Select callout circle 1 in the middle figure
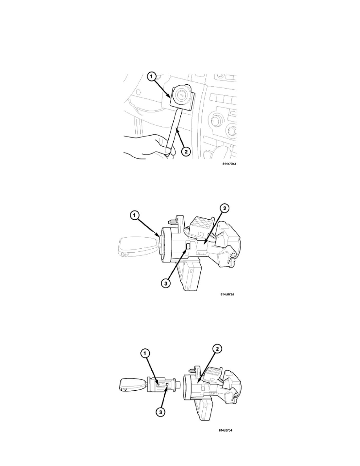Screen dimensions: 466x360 click(x=135, y=215)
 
